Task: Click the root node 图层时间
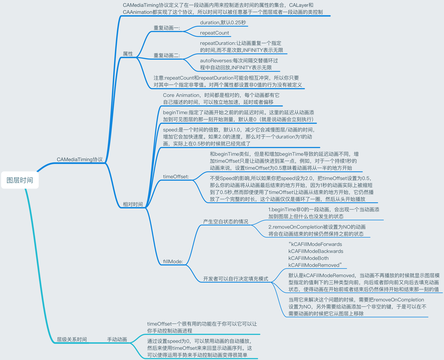tap(20, 180)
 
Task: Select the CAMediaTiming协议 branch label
tap(79, 159)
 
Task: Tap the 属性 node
tap(128, 54)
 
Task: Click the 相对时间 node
tap(133, 204)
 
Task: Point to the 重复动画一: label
tap(167, 28)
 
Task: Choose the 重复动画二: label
tap(167, 56)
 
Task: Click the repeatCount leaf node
tap(214, 33)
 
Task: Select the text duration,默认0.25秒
tap(223, 23)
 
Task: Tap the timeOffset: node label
tap(176, 177)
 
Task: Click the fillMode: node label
tap(173, 261)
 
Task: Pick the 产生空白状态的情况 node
tap(226, 222)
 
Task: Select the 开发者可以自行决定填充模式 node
tap(236, 279)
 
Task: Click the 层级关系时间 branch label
tap(72, 339)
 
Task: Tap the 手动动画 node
tap(117, 339)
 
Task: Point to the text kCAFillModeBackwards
tap(316, 251)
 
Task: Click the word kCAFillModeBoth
tap(308, 258)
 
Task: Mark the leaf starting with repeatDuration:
tap(241, 47)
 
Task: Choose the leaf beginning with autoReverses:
tap(239, 64)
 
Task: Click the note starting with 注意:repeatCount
tap(228, 81)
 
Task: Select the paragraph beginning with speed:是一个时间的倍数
tap(238, 136)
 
